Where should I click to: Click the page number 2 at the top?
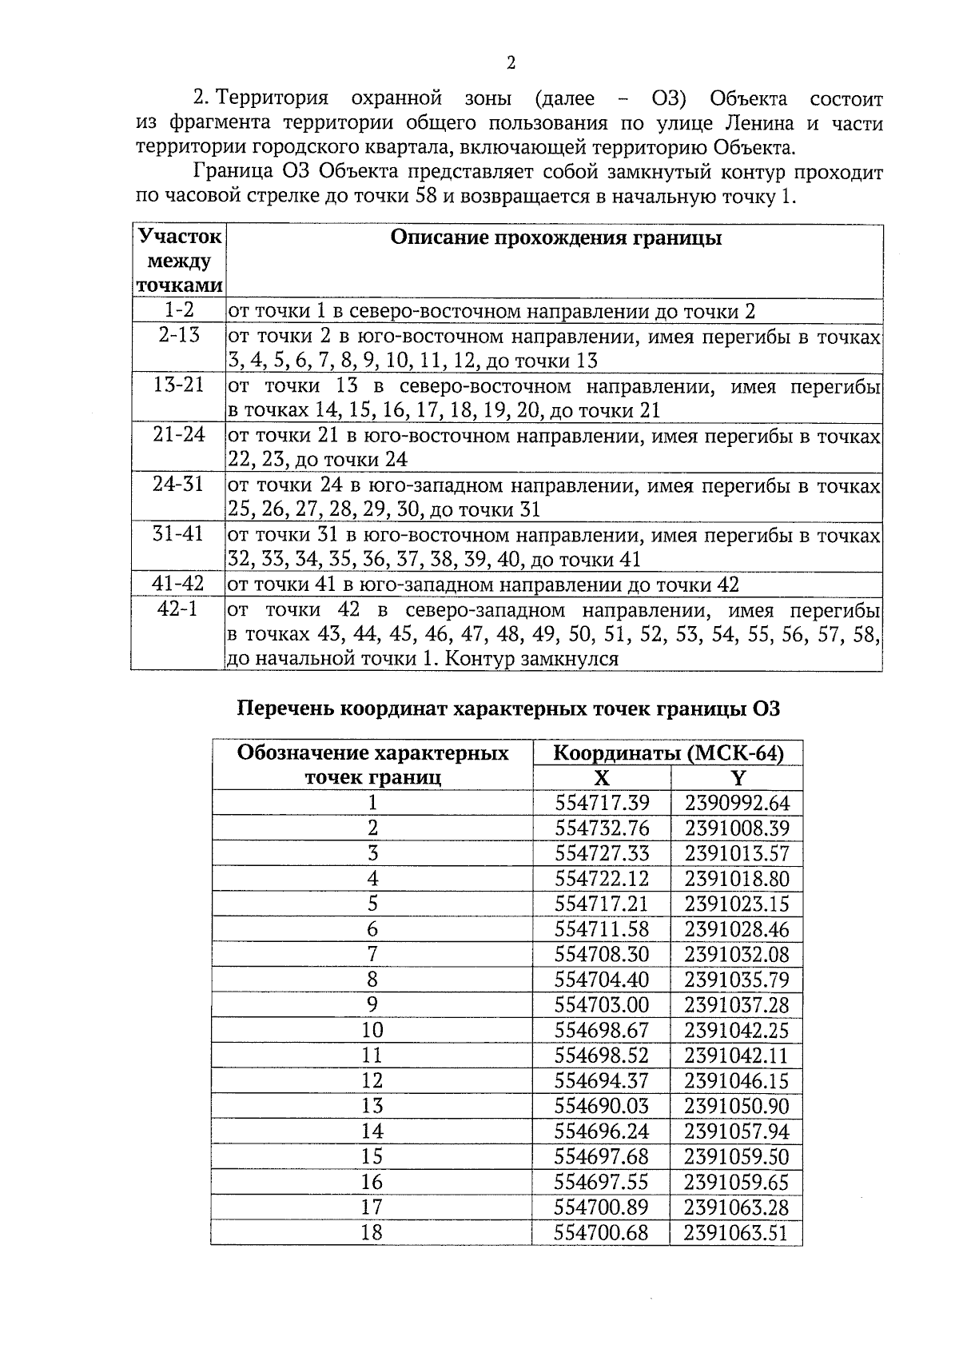511,63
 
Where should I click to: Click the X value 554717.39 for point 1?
602,803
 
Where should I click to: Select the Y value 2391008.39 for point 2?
736,828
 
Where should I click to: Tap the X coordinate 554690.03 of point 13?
602,1106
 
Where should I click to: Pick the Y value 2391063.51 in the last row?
736,1232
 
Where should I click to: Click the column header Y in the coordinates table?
738,778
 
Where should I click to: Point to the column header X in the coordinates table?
602,778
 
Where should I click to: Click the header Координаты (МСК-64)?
668,753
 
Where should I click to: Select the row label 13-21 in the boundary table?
178,385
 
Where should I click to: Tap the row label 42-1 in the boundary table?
177,609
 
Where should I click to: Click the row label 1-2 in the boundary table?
179,310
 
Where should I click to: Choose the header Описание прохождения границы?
555,237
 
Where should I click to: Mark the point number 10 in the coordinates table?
372,1030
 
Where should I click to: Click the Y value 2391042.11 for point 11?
736,1056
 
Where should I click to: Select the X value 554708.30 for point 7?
602,955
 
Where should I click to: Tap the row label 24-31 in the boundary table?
178,485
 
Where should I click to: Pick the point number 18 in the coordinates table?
372,1232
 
